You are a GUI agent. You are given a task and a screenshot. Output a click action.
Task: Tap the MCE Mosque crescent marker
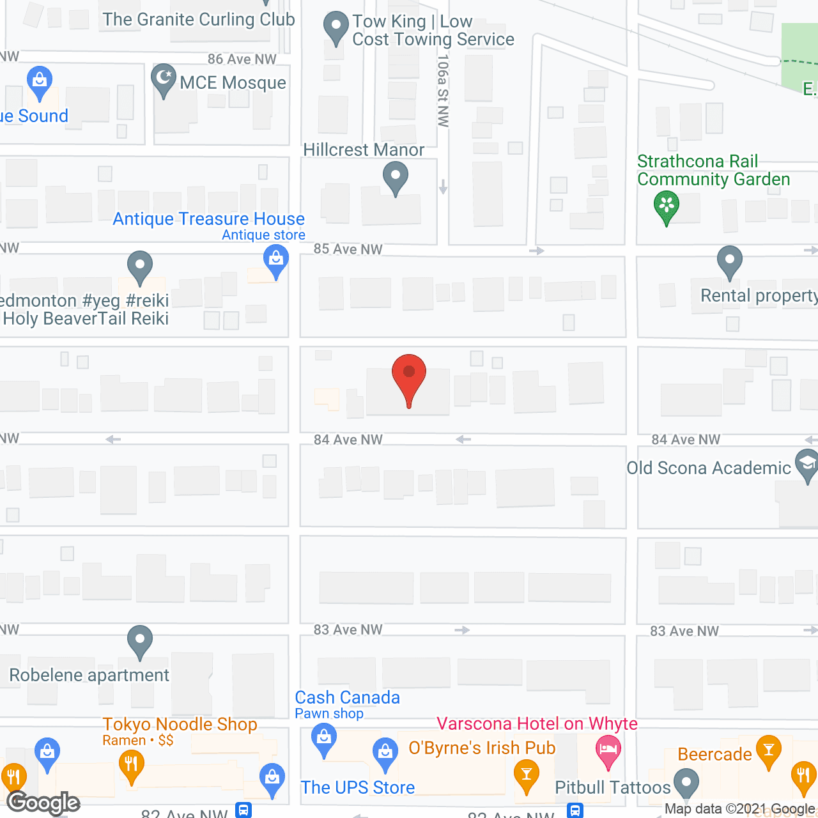click(x=164, y=79)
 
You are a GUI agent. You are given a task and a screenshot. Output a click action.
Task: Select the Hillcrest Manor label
click(x=364, y=150)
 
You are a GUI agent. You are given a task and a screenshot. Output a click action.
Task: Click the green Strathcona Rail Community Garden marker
click(x=667, y=206)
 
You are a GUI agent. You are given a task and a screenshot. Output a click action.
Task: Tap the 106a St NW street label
click(x=443, y=90)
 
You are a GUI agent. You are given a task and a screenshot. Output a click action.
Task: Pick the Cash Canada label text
click(x=347, y=697)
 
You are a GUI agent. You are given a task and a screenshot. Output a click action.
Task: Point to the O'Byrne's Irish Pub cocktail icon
click(x=527, y=774)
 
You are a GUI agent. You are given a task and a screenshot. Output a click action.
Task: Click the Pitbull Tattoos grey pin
click(x=686, y=783)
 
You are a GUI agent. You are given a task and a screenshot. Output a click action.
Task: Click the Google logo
click(x=43, y=803)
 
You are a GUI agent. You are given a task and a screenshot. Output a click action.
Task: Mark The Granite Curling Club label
click(x=199, y=19)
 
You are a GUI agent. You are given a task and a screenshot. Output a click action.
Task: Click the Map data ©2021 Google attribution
click(x=740, y=809)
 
